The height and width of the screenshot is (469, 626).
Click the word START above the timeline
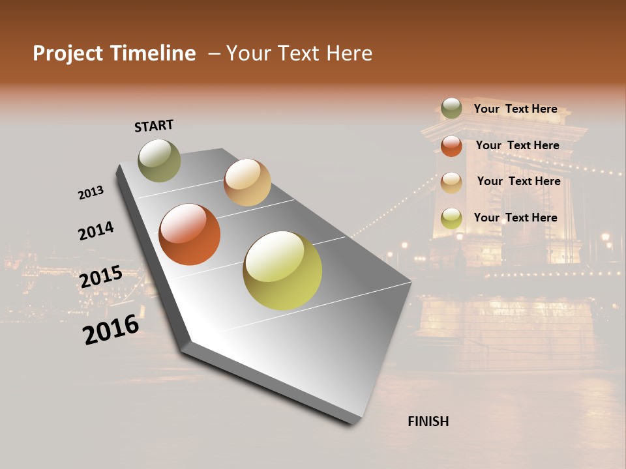click(x=154, y=126)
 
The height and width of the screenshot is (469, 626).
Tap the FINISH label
click(x=428, y=421)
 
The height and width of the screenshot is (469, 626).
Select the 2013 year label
click(x=91, y=193)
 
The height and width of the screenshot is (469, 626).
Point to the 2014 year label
click(x=96, y=231)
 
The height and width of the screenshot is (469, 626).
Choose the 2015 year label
click(x=100, y=277)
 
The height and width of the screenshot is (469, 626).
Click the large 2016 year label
click(x=111, y=329)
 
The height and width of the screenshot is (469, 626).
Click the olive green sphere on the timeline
click(x=159, y=160)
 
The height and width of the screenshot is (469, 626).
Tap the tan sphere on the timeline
click(x=247, y=182)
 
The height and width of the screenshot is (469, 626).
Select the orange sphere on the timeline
click(x=189, y=234)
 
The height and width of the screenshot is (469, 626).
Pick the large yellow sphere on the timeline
click(x=282, y=270)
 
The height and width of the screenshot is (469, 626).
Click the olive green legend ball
click(x=451, y=109)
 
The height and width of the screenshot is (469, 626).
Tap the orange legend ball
click(x=451, y=146)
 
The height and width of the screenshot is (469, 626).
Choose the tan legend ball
click(x=451, y=182)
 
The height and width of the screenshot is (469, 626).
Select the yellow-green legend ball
click(x=451, y=218)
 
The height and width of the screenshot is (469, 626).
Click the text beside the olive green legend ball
click(x=515, y=109)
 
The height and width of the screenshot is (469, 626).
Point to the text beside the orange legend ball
click(x=517, y=145)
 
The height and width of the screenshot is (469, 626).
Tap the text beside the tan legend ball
click(x=518, y=181)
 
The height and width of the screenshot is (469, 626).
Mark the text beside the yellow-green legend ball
click(x=515, y=218)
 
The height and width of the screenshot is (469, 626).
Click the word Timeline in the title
click(x=153, y=53)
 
